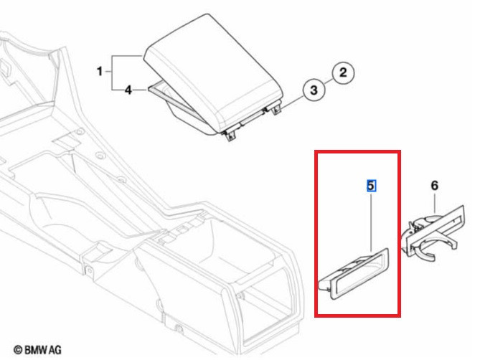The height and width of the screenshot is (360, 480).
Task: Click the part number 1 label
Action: pos(100,71)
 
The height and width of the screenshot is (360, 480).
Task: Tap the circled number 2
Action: pos(343,73)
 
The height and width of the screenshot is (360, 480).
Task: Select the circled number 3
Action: pos(314,90)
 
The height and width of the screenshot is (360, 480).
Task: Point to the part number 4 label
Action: pos(128,90)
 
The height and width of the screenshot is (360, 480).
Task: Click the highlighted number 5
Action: pos(371,186)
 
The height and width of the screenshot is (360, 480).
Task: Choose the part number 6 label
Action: pos(435,185)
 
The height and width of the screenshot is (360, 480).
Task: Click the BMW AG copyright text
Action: pos(37,349)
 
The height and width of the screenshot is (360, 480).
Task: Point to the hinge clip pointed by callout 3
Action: pos(276,109)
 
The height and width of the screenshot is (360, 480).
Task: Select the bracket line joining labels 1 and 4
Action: pos(112,73)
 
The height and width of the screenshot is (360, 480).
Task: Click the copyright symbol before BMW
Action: pos(18,350)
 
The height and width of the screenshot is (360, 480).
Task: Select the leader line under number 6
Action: pos(435,202)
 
